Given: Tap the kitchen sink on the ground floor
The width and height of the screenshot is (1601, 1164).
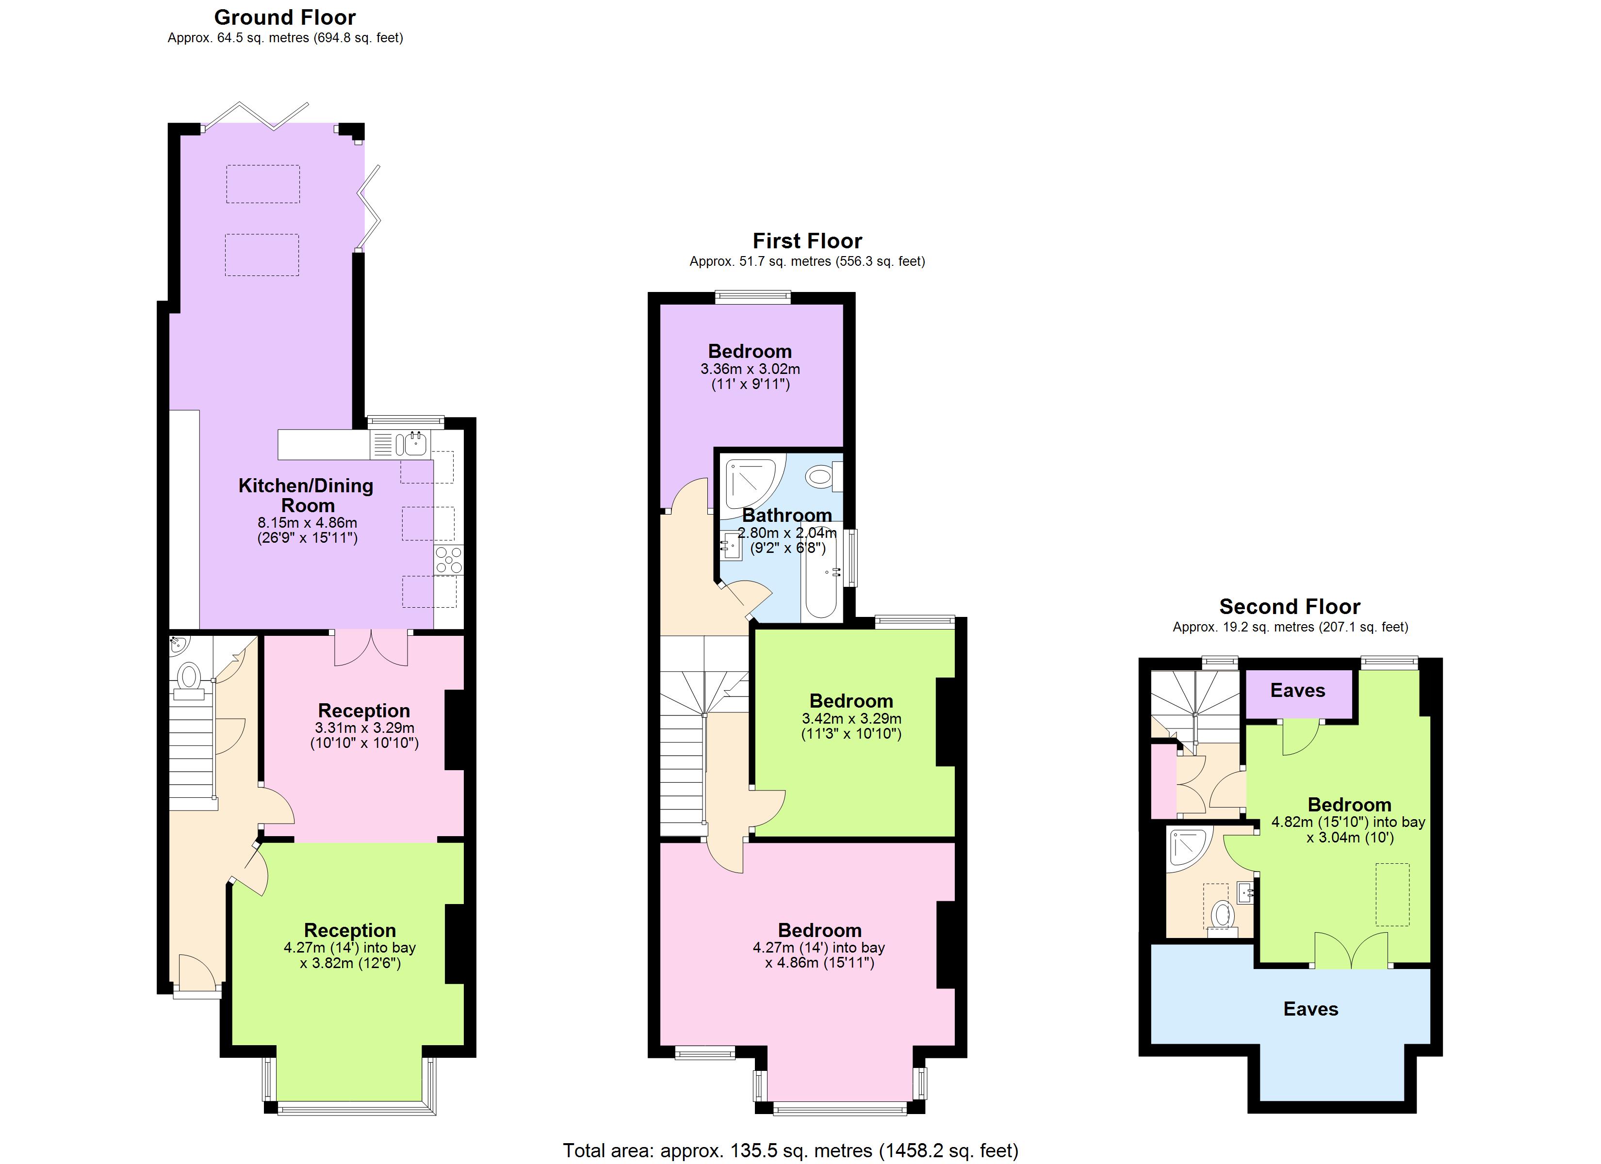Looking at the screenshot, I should point(415,444).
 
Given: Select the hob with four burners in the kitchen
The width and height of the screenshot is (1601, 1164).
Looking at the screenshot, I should point(449,560).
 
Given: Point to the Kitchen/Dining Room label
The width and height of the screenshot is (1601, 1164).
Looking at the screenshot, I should point(306,495).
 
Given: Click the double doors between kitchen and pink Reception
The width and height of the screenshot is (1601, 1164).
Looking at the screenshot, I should point(371,647).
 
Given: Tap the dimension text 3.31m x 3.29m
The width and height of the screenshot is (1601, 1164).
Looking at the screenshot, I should point(364,728).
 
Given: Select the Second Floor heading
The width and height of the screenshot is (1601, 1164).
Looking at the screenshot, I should point(1290,606).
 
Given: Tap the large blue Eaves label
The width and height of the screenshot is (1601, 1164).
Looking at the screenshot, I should point(1310,1009).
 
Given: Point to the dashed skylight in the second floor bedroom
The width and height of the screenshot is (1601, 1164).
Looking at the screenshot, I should point(1392,894).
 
